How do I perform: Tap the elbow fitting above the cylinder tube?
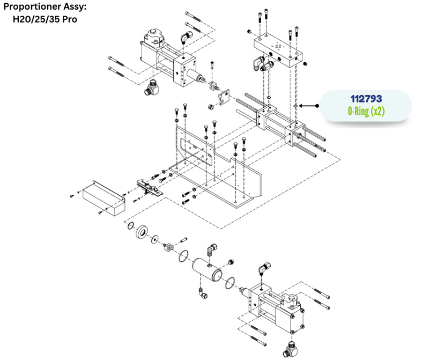[x=211, y=249]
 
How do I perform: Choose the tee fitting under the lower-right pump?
[x=290, y=348]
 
